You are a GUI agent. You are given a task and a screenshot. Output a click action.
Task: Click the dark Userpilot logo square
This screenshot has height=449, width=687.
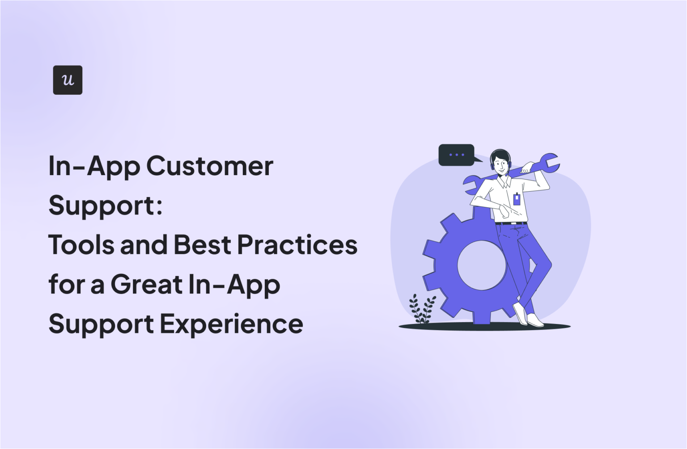(x=68, y=80)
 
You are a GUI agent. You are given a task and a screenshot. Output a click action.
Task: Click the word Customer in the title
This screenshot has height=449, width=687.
(x=210, y=166)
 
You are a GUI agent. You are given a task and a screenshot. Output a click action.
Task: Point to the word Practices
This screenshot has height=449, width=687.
(x=297, y=245)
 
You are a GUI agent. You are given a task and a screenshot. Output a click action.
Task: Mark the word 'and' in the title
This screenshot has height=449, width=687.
(x=143, y=245)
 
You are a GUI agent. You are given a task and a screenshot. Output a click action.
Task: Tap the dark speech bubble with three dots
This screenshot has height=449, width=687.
(x=457, y=155)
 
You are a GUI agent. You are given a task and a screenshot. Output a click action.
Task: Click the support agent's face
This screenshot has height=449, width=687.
(x=501, y=165)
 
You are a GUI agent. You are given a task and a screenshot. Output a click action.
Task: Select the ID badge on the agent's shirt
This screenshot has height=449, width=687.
(x=517, y=198)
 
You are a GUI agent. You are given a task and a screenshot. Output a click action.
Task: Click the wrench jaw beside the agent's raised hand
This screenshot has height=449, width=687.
(x=550, y=162)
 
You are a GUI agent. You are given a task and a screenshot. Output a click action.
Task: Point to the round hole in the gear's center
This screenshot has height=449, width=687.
(x=481, y=265)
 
